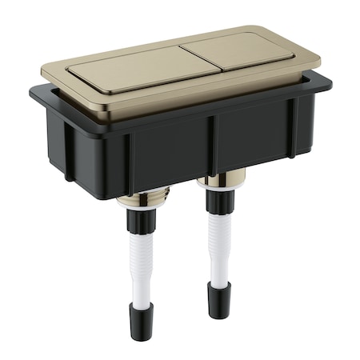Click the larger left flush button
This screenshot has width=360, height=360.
pos(136,70)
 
